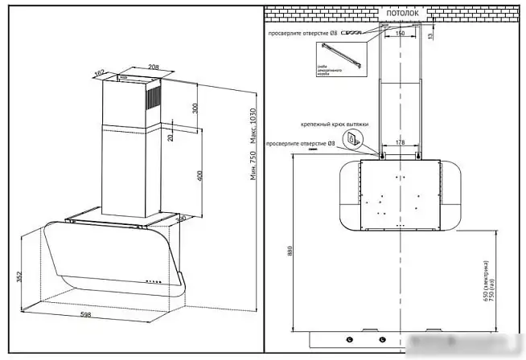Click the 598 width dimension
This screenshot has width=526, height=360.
86,313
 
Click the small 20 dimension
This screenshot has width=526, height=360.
171,136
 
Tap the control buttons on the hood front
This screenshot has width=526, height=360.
152,281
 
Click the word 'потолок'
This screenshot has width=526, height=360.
402,14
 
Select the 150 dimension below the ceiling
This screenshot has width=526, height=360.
400,34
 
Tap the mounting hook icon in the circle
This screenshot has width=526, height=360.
352,140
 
